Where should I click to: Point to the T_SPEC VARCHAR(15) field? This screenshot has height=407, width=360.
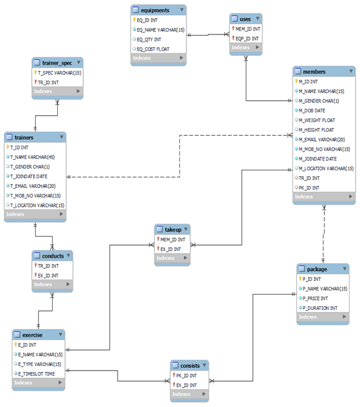[x=58, y=73]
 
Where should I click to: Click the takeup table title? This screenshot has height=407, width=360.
[x=174, y=230]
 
